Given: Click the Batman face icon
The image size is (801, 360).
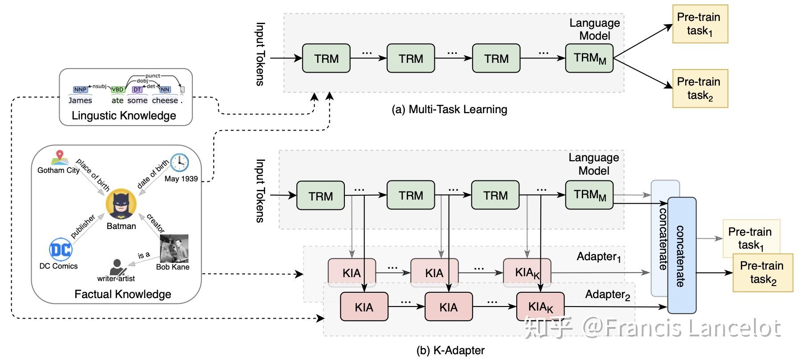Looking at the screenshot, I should point(121,204).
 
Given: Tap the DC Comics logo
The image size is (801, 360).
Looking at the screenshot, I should point(60,250).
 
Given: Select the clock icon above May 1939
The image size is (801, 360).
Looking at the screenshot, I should point(180,163).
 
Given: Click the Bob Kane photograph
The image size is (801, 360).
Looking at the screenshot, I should point(174,249).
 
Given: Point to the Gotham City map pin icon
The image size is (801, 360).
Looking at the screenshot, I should point(59,158).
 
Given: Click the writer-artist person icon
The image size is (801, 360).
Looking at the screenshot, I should point(117,267).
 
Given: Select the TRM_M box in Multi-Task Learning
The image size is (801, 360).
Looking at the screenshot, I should point(589,58).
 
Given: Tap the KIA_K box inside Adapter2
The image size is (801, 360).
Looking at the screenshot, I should point(540,307).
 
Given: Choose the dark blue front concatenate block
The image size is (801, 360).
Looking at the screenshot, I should point(682,255).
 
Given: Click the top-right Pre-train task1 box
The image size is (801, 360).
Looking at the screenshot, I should point(699,24).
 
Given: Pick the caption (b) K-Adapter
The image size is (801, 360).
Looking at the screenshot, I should point(450,350).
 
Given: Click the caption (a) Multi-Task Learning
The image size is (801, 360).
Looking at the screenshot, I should point(449,109).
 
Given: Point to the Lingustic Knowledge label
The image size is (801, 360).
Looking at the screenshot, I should point(124,116).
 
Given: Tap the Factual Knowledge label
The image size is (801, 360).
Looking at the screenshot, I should point(123,294).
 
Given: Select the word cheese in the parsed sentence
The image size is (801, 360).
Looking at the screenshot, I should point(165,101).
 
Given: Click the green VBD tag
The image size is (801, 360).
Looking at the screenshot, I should point(118,90).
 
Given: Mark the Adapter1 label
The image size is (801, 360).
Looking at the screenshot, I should point(598,257).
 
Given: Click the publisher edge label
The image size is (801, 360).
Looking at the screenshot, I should point(83,226).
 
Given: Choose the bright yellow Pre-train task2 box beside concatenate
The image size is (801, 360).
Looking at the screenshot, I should point(763,273).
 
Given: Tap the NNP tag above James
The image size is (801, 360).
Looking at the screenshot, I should point(80,90).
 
